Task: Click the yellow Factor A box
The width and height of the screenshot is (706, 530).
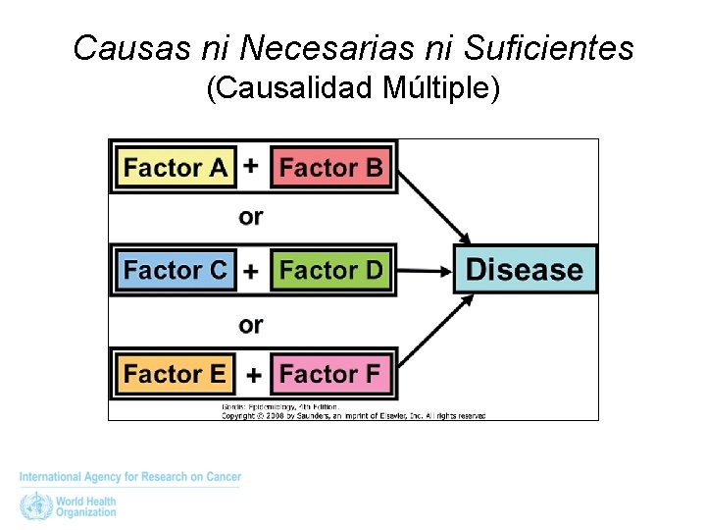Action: pyautogui.click(x=176, y=168)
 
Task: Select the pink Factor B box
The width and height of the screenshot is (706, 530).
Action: pyautogui.click(x=330, y=168)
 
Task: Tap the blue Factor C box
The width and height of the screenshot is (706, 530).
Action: pyautogui.click(x=176, y=270)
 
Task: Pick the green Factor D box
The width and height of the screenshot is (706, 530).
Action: pyautogui.click(x=330, y=270)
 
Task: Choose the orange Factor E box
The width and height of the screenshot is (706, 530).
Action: pyautogui.click(x=176, y=374)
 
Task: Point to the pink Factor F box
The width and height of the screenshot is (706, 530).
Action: pyautogui.click(x=330, y=374)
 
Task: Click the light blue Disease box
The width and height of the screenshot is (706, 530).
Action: pyautogui.click(x=524, y=270)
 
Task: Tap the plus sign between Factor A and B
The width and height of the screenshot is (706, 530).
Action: pyautogui.click(x=251, y=166)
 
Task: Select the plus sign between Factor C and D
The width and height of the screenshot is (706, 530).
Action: pyautogui.click(x=252, y=271)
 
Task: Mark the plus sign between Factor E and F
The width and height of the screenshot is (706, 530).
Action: pyautogui.click(x=253, y=375)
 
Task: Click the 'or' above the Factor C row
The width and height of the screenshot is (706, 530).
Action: pyautogui.click(x=251, y=217)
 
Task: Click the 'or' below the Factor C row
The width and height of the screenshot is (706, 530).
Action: pyautogui.click(x=251, y=324)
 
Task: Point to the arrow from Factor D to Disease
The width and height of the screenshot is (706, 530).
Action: pyautogui.click(x=422, y=270)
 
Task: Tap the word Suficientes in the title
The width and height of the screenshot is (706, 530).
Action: pyautogui.click(x=549, y=47)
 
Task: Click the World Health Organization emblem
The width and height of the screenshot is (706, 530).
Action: pyautogui.click(x=34, y=506)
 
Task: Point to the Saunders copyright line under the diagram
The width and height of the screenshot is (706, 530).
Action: pyautogui.click(x=353, y=415)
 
